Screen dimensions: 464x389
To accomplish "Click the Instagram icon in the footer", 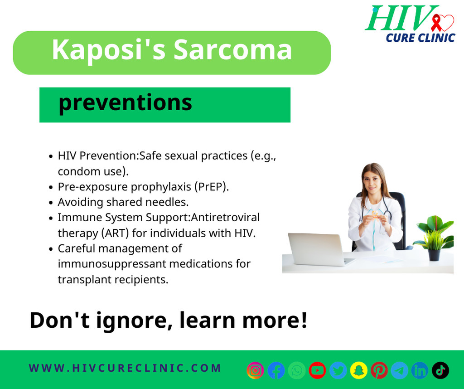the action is (x=255, y=370).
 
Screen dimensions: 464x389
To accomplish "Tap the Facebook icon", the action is (x=276, y=370).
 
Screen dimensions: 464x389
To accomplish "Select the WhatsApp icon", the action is (x=297, y=370).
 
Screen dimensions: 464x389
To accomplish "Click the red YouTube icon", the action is (x=317, y=370).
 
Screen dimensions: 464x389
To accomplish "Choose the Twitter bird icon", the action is (x=338, y=370).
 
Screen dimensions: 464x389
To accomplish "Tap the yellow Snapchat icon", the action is (x=359, y=370).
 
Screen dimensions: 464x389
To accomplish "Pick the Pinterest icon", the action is (x=379, y=370).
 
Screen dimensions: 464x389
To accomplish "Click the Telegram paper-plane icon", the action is (x=400, y=370).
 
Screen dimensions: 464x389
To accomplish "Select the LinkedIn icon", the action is (x=420, y=370).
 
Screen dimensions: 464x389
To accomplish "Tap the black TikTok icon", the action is (x=440, y=370).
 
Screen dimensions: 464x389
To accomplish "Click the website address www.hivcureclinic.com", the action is (x=125, y=368).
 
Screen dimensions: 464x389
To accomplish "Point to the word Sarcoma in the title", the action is (x=232, y=50).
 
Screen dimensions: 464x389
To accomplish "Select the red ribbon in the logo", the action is (x=436, y=23).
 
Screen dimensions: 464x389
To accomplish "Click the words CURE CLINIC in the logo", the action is (x=420, y=38).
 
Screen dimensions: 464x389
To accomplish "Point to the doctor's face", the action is (x=372, y=181).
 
